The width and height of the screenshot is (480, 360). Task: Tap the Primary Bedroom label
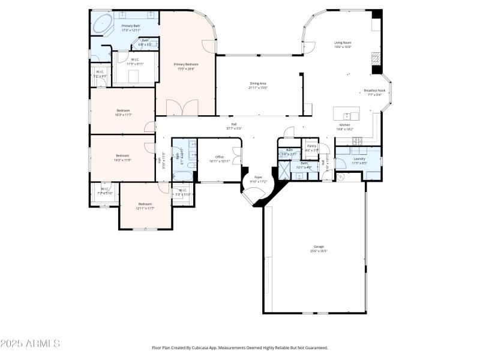coord(186,64)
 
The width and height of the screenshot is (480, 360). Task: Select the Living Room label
coord(343,43)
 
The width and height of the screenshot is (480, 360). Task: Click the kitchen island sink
coord(346,114)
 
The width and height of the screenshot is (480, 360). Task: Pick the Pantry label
coord(311,146)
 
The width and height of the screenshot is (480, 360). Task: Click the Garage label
coord(319,247)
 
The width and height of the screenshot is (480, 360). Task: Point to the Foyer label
coord(258,177)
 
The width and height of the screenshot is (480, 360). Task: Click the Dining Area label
coord(258,83)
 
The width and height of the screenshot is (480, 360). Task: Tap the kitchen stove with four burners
coord(358,141)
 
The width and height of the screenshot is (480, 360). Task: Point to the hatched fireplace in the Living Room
coord(376,58)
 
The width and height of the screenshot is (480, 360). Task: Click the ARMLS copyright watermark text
coord(30,344)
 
